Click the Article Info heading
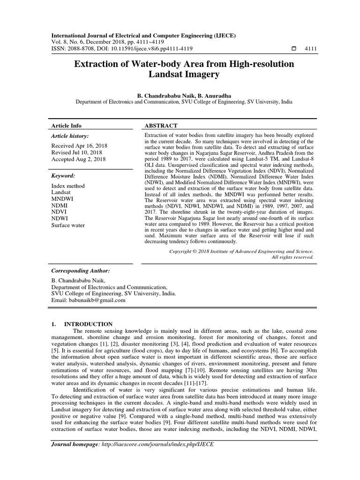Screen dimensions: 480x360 [66, 126]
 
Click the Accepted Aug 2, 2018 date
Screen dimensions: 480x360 [79, 159]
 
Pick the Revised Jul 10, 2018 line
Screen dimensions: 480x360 [77, 153]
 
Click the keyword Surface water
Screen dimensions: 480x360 [68, 225]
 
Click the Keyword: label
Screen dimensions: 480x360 [63, 176]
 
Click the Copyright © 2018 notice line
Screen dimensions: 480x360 [241, 251]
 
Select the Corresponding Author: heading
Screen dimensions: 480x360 [81, 271]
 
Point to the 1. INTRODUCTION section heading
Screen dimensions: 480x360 [82, 324]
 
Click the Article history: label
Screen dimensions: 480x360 [70, 136]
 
